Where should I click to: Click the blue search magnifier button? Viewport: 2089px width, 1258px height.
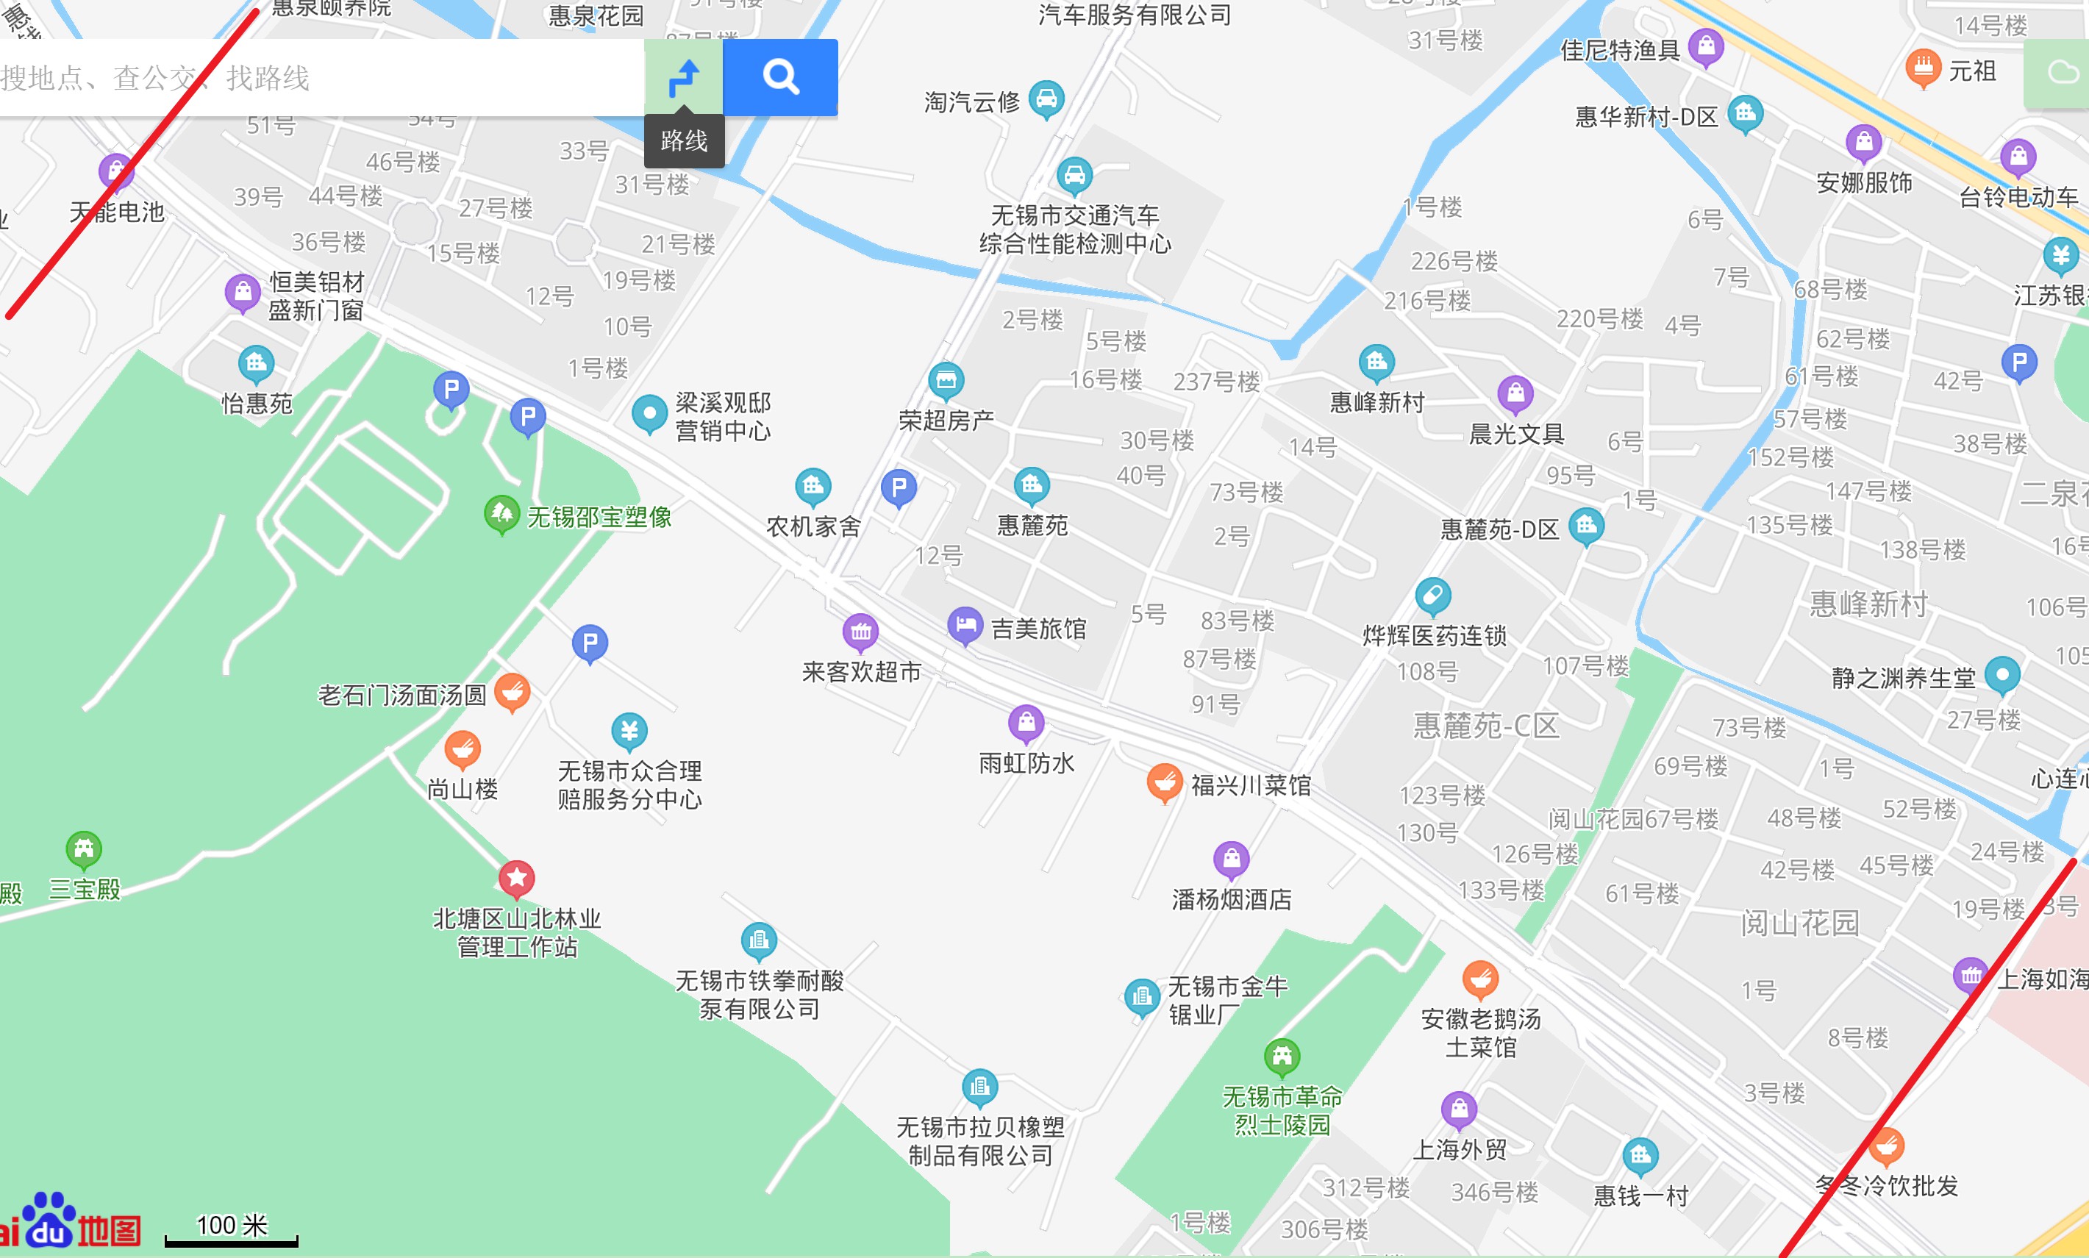(x=780, y=77)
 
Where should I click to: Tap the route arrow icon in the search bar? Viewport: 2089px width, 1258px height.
(x=683, y=77)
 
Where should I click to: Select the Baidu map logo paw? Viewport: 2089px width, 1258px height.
(x=49, y=1219)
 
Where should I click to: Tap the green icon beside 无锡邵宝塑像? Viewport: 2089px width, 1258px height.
(x=501, y=513)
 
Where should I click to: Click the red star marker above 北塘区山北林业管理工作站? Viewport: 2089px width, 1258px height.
(x=516, y=878)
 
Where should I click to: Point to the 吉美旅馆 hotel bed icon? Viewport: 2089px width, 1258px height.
(x=965, y=626)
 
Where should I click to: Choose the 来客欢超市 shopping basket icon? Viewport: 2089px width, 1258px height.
(x=860, y=632)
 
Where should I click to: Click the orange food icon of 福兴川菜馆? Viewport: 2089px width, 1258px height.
(x=1165, y=782)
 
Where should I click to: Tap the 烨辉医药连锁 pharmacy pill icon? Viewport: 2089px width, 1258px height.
(x=1433, y=596)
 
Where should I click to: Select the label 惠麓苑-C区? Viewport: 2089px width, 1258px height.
(x=1486, y=726)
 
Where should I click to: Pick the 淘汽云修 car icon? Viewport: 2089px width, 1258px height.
(x=1046, y=99)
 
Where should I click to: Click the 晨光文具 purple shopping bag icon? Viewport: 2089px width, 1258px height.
(x=1515, y=393)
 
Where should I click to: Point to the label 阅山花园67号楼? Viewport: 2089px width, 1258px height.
(x=1633, y=819)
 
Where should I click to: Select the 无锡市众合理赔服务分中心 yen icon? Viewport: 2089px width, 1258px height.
(x=629, y=730)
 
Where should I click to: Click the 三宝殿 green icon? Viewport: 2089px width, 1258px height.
(x=84, y=848)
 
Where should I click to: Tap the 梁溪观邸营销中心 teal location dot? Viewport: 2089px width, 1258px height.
(x=649, y=414)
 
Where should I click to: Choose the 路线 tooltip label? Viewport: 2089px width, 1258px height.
(x=684, y=140)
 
